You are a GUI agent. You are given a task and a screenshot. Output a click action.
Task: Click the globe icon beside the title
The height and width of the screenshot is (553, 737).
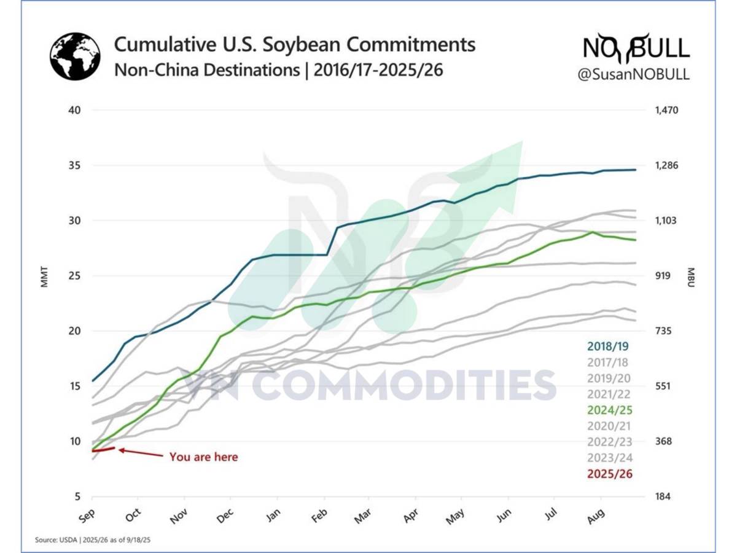click(x=75, y=57)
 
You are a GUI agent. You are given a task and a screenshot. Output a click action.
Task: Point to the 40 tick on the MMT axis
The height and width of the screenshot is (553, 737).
click(x=74, y=111)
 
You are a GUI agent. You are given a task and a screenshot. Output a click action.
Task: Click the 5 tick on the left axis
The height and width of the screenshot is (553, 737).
click(x=77, y=497)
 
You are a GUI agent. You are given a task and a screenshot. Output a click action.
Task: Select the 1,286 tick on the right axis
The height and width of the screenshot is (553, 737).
click(x=664, y=166)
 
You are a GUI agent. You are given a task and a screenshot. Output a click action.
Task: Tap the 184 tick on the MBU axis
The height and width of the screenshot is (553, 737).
click(x=660, y=497)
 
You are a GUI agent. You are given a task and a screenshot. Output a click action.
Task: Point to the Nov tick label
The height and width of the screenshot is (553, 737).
click(x=178, y=516)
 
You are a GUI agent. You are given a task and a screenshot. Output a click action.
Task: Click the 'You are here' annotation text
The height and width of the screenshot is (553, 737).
click(x=203, y=457)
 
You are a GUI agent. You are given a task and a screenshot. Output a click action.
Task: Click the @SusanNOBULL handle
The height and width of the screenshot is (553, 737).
click(x=633, y=74)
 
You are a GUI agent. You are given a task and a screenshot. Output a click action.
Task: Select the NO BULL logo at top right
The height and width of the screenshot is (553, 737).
click(x=636, y=48)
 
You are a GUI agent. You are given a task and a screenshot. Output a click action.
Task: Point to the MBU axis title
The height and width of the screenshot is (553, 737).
click(x=690, y=276)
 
